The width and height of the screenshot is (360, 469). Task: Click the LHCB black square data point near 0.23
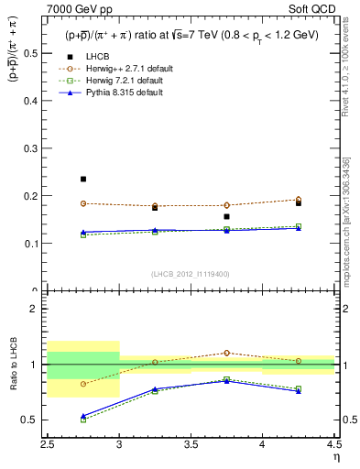tap(83, 179)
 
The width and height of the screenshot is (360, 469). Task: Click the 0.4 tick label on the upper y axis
tap(33, 101)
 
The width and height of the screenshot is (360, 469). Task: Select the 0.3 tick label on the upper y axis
tap(33, 148)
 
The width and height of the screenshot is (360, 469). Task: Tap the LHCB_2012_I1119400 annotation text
tap(191, 274)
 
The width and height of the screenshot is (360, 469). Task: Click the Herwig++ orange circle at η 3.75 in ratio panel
tap(226, 353)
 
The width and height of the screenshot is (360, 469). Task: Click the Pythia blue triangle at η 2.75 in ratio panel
tap(83, 416)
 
